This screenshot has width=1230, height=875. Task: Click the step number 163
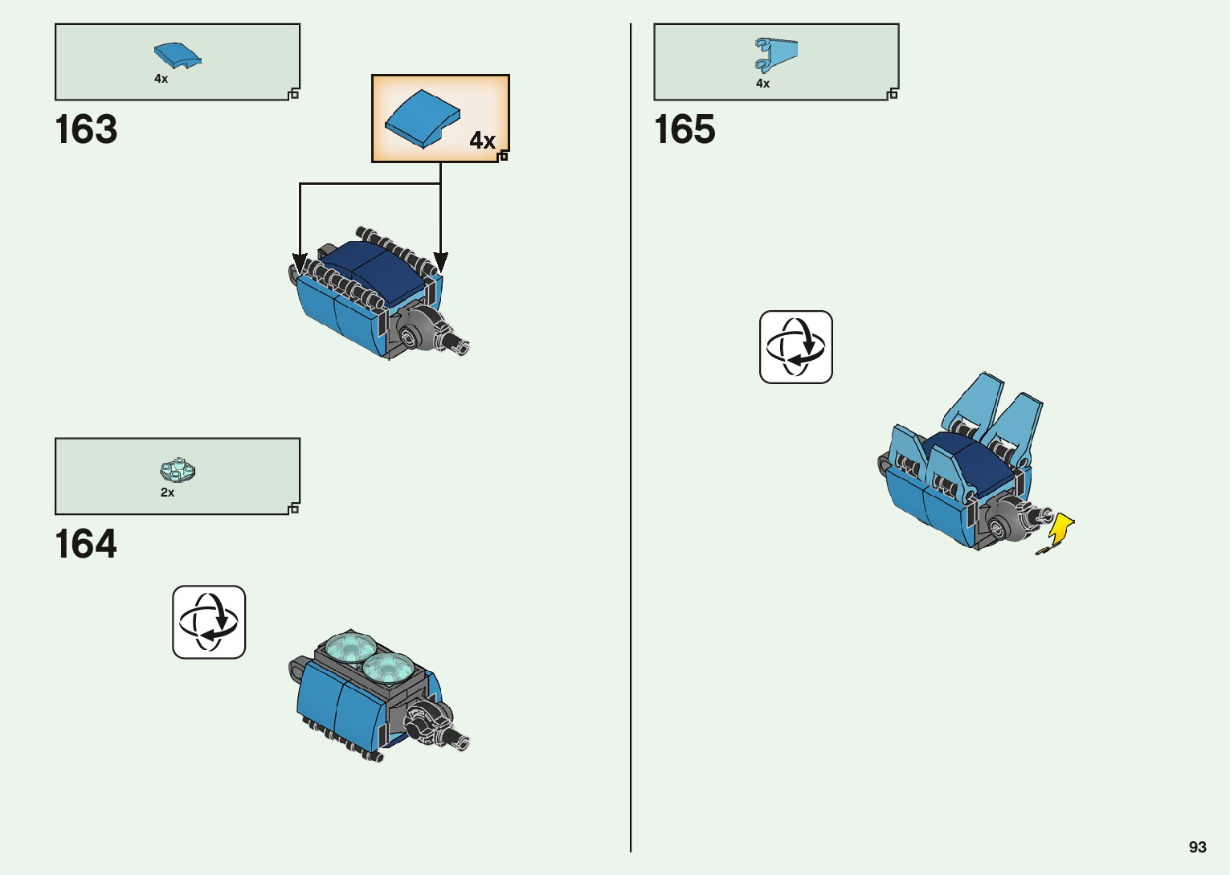(x=86, y=129)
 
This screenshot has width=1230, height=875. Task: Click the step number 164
(x=86, y=544)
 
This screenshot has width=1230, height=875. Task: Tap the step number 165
(x=684, y=129)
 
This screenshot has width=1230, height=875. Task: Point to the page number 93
(x=1197, y=847)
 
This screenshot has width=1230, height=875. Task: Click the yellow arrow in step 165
(x=1060, y=530)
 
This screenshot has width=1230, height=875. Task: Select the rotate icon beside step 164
(x=209, y=622)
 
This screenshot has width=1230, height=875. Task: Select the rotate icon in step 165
(x=795, y=347)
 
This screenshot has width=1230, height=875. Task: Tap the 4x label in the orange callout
(x=482, y=141)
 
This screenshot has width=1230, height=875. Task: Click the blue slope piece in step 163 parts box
(x=177, y=55)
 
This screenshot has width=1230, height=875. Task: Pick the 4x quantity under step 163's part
(x=161, y=79)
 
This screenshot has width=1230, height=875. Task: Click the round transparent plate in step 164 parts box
(x=178, y=470)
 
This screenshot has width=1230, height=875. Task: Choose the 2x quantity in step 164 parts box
(x=167, y=493)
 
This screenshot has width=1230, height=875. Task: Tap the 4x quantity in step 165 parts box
(x=762, y=84)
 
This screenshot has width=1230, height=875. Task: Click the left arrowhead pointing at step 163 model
(x=300, y=263)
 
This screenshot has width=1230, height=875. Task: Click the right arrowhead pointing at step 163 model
(x=440, y=262)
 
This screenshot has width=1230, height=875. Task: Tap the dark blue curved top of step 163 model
(x=378, y=269)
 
